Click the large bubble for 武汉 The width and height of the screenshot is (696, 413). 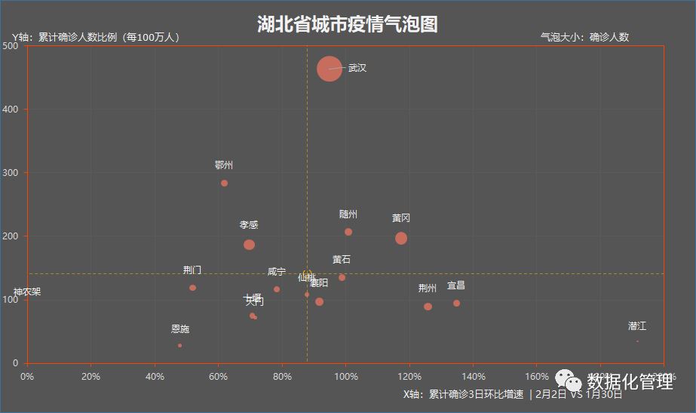[x=330, y=69]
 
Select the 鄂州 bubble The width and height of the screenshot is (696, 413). [x=224, y=183]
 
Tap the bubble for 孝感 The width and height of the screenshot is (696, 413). [x=249, y=245]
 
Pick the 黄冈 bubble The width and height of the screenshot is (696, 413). [x=401, y=239]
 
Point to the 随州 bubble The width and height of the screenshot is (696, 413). [x=348, y=232]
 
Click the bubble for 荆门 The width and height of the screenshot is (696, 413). [x=192, y=288]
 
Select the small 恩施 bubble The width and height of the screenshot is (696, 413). [x=179, y=346]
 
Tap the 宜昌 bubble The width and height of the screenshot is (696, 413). [x=456, y=304]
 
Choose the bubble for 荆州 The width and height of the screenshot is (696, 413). [x=428, y=307]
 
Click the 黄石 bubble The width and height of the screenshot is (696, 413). [x=342, y=278]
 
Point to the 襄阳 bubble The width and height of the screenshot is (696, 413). [x=319, y=302]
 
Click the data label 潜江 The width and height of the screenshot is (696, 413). [x=637, y=326]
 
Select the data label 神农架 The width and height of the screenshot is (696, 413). [x=27, y=292]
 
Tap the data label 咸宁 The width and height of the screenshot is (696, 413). [x=277, y=272]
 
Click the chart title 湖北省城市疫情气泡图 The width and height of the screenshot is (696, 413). [x=347, y=24]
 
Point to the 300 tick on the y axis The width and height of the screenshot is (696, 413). [x=11, y=173]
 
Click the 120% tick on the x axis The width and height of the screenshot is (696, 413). [x=409, y=376]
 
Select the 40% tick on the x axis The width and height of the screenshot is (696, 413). [x=155, y=376]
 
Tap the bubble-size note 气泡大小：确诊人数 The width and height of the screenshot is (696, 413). [x=584, y=36]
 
